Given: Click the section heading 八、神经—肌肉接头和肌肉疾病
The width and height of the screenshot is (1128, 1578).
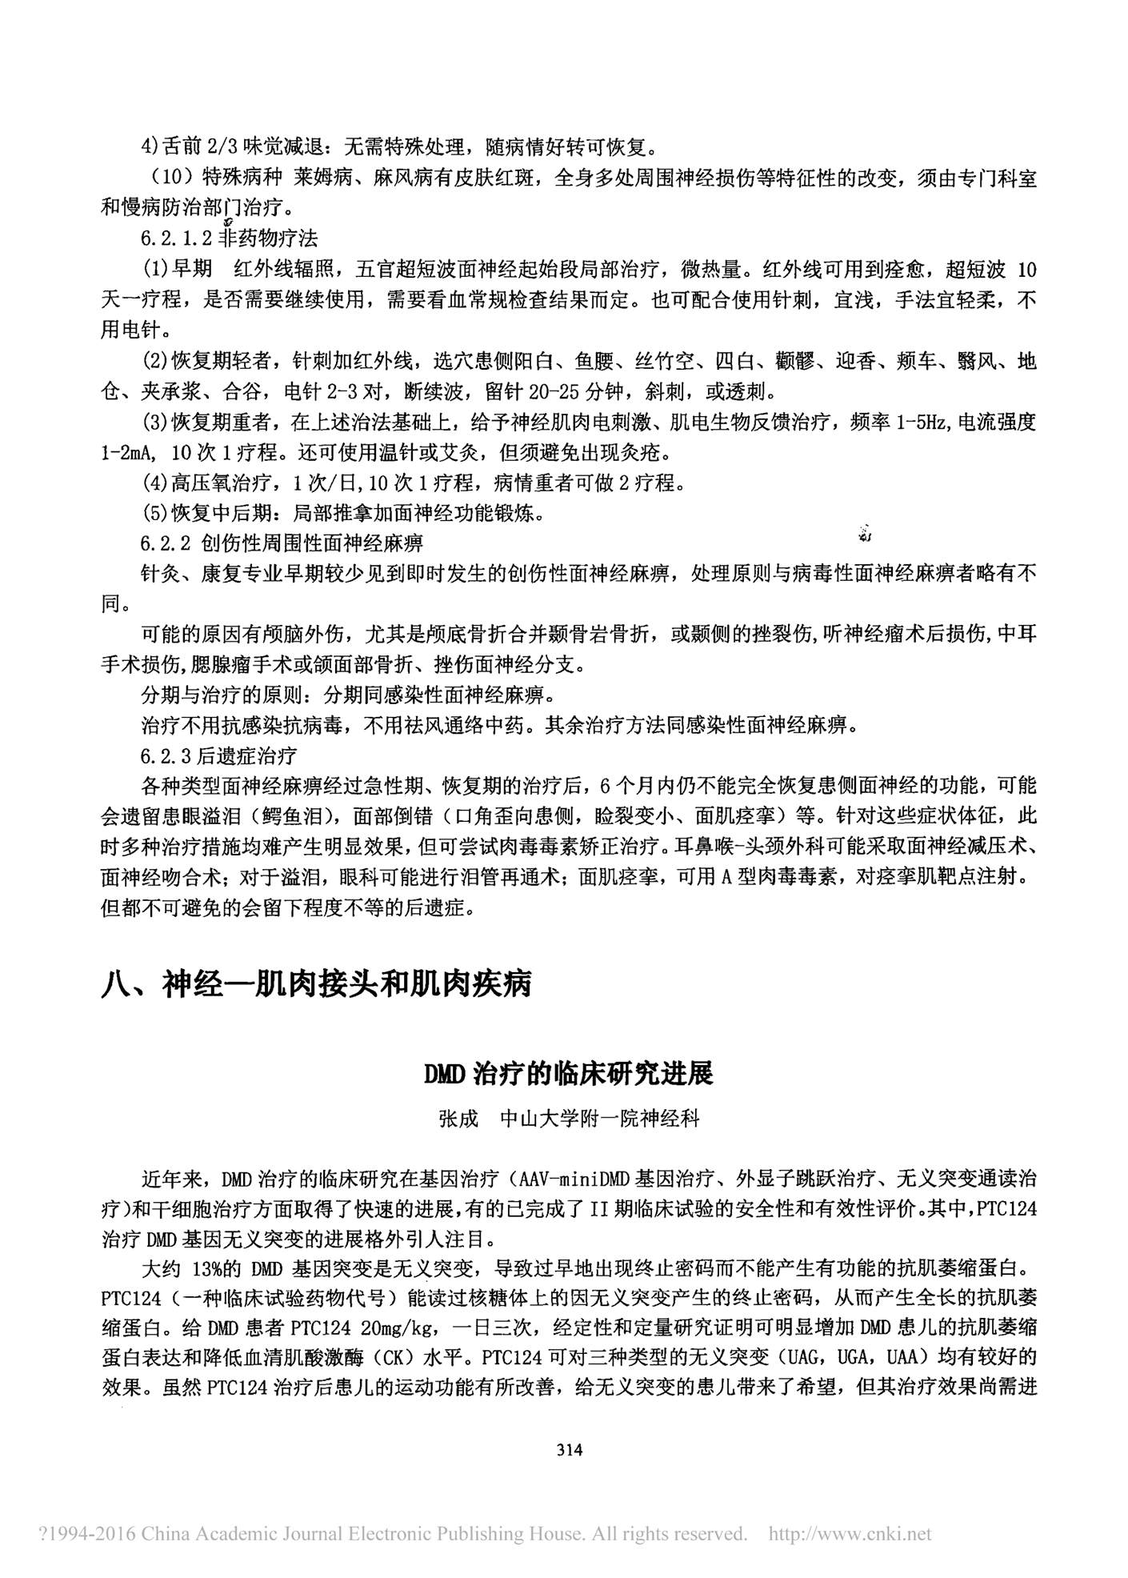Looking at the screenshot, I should pos(316,983).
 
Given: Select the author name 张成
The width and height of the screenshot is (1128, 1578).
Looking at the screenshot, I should pos(458,1118).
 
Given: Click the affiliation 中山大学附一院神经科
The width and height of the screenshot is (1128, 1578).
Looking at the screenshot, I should pos(599,1118).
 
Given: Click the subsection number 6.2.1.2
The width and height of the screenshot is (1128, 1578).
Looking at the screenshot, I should pos(176,238).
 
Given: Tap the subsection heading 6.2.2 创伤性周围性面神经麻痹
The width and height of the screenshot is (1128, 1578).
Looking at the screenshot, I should pos(281,543).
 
